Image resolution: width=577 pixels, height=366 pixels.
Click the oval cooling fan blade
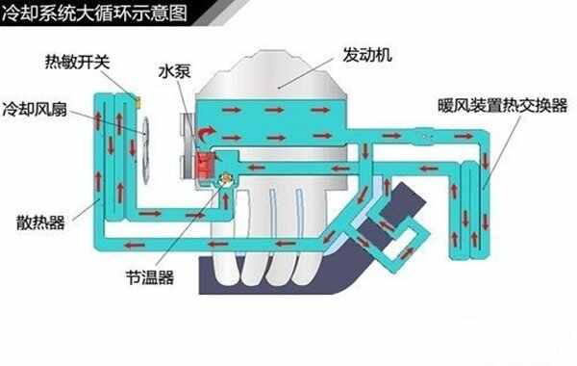click(x=147, y=148)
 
